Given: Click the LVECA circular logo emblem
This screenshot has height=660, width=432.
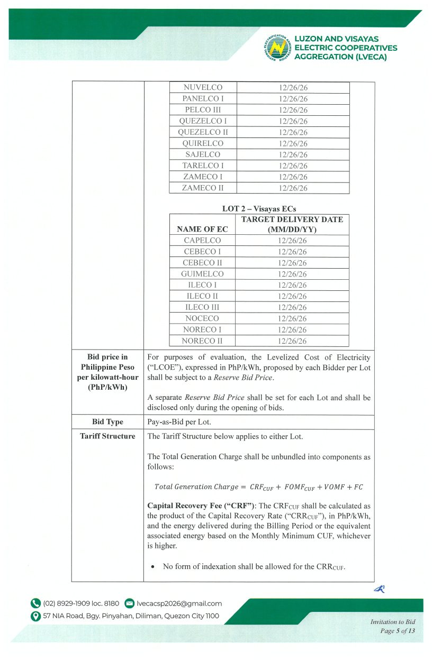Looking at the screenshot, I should pyautogui.click(x=276, y=47).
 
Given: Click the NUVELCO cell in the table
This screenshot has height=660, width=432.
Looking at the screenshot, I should pyautogui.click(x=203, y=87).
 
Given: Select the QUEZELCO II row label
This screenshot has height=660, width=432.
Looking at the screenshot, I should pyautogui.click(x=203, y=132).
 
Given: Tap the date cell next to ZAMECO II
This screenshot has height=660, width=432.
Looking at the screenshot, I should pyautogui.click(x=293, y=188).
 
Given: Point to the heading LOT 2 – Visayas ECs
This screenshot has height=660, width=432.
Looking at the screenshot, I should pyautogui.click(x=259, y=208).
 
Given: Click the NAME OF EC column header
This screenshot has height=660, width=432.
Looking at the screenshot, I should pyautogui.click(x=203, y=229).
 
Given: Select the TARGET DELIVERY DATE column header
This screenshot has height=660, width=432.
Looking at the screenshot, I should pyautogui.click(x=292, y=224).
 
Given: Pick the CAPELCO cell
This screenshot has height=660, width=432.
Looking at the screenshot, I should pyautogui.click(x=203, y=241).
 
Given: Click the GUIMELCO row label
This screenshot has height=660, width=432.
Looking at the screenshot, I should pyautogui.click(x=203, y=274).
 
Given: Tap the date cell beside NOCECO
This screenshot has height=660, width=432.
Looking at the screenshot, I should pyautogui.click(x=292, y=319).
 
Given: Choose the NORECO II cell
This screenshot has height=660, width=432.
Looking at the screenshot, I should pyautogui.click(x=203, y=341).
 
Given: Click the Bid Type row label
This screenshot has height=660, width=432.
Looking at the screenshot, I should pyautogui.click(x=107, y=422).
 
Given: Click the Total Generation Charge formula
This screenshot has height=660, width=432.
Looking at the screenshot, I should pyautogui.click(x=258, y=487).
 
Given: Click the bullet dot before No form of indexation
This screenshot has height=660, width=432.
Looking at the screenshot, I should pyautogui.click(x=153, y=567).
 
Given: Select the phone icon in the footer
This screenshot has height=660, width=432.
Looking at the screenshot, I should pyautogui.click(x=35, y=603).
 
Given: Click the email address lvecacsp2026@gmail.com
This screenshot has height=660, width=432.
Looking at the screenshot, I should pyautogui.click(x=179, y=603).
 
